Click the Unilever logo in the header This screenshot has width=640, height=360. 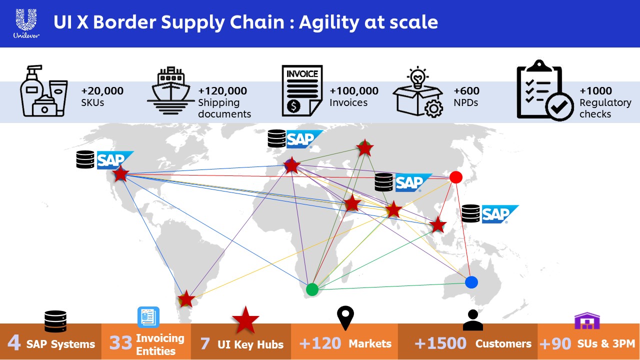click(x=26, y=23)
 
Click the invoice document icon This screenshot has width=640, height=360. click(x=301, y=90)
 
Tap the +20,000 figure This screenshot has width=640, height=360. click(x=102, y=91)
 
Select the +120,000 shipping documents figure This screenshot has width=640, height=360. click(x=222, y=91)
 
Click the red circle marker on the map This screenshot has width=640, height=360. click(x=455, y=177)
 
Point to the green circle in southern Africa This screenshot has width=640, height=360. click(x=312, y=289)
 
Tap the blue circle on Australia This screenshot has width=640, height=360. click(x=471, y=282)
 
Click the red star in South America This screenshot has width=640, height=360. click(x=186, y=299)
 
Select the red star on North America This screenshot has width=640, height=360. click(x=120, y=174)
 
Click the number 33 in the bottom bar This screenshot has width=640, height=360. click(x=120, y=344)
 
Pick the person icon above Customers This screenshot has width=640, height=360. click(x=472, y=320)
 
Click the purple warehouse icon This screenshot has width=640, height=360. click(x=586, y=321)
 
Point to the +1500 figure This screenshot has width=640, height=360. click(x=440, y=343)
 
